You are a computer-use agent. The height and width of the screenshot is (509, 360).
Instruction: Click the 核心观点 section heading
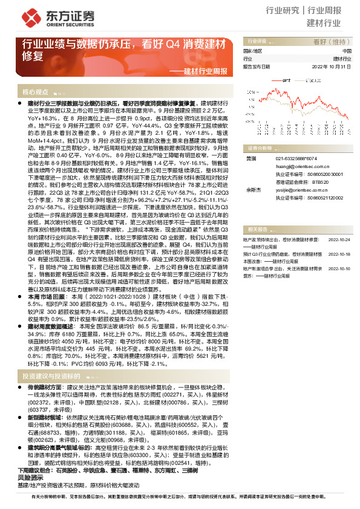(x=36, y=92)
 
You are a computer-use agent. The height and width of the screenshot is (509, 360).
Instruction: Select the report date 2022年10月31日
(x=331, y=66)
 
